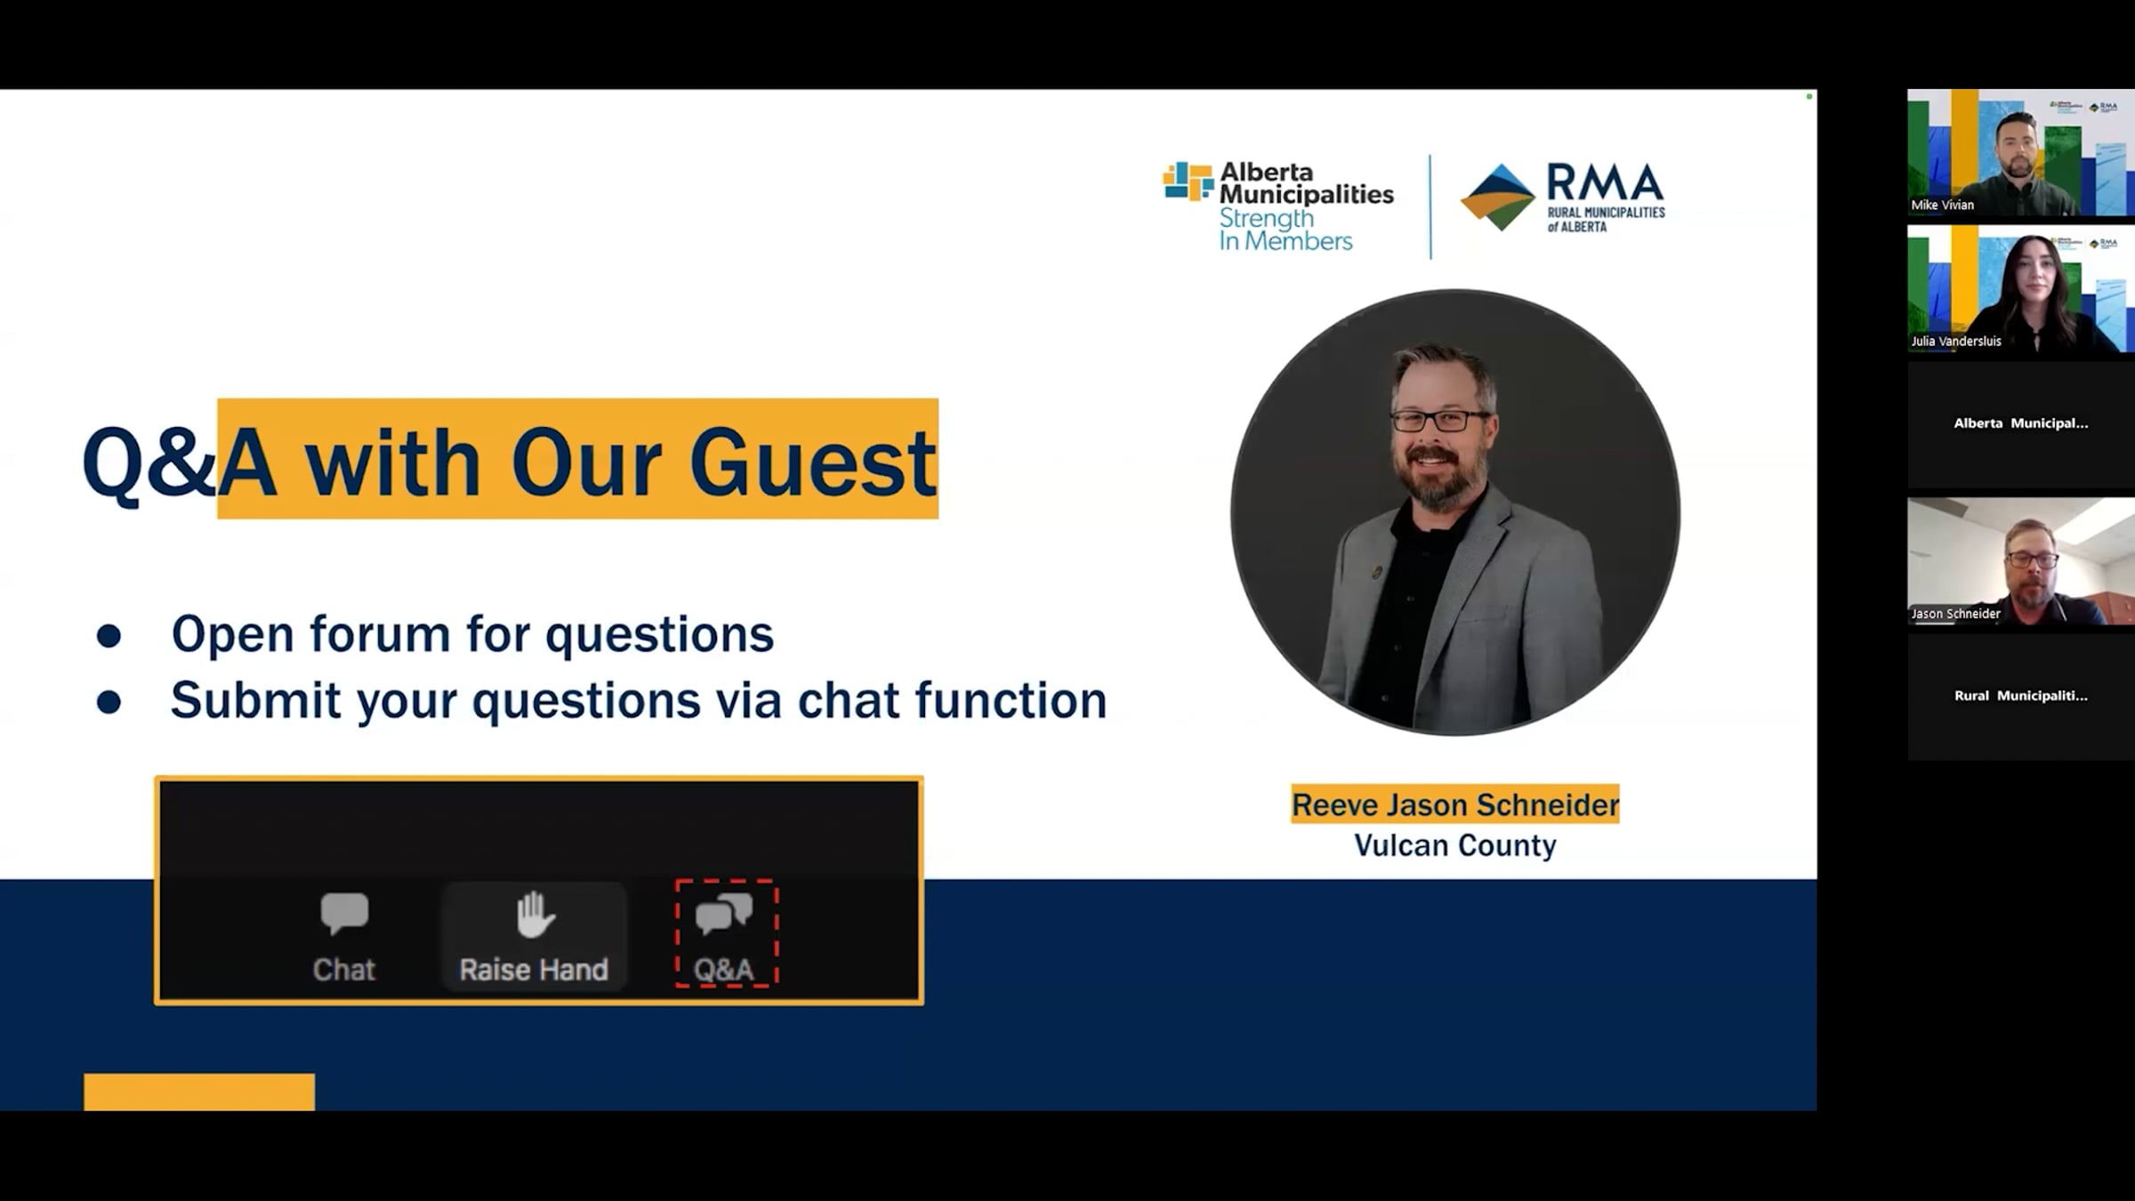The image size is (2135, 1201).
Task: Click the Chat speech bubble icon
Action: click(344, 914)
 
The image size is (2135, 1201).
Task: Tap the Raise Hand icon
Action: click(536, 915)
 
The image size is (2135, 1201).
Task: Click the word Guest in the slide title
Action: click(812, 463)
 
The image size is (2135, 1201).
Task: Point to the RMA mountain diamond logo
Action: click(1498, 197)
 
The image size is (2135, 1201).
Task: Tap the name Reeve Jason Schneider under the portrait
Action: click(1455, 804)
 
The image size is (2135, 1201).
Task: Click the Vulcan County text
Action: click(1455, 845)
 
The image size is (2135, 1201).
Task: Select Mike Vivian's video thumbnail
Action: click(2020, 152)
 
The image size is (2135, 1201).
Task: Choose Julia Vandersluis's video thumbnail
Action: click(2020, 288)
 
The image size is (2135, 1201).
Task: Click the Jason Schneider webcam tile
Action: click(2020, 561)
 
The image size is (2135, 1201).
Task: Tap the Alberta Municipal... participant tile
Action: click(2020, 424)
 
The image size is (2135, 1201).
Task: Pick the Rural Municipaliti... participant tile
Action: click(2020, 697)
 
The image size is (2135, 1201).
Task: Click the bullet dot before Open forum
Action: click(109, 635)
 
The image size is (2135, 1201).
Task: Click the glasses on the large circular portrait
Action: click(1439, 420)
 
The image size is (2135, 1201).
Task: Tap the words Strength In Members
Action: click(1285, 230)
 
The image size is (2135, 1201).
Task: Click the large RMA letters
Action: click(1605, 182)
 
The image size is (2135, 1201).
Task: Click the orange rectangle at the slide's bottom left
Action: click(199, 1092)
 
